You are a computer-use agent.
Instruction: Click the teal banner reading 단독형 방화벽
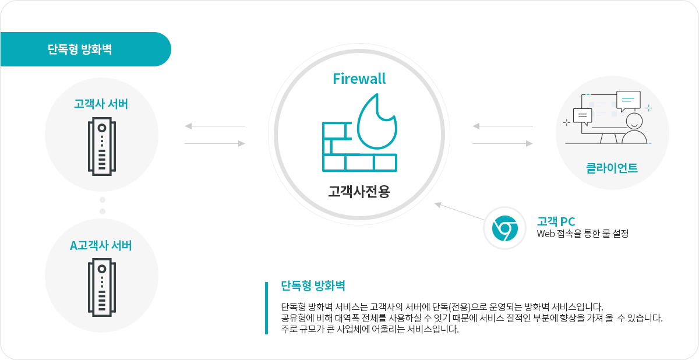pyautogui.click(x=86, y=49)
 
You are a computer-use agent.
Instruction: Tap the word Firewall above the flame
pyautogui.click(x=359, y=79)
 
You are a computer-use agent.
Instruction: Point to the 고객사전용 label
pyautogui.click(x=359, y=191)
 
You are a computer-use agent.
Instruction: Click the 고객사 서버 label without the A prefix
pyautogui.click(x=101, y=104)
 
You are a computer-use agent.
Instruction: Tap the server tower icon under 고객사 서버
pyautogui.click(x=102, y=146)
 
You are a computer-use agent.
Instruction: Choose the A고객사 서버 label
pyautogui.click(x=101, y=245)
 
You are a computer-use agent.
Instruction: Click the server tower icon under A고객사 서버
pyautogui.click(x=102, y=287)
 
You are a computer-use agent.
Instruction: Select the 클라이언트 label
pyautogui.click(x=612, y=168)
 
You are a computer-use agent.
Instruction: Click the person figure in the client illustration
pyautogui.click(x=634, y=128)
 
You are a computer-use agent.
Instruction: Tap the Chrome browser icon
pyautogui.click(x=504, y=228)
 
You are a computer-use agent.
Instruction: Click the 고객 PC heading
pyautogui.click(x=556, y=221)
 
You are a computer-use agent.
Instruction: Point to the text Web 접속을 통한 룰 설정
pyautogui.click(x=582, y=234)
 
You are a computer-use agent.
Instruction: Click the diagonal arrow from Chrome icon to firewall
pyautogui.click(x=460, y=212)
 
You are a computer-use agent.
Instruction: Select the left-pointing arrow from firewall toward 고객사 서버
pyautogui.click(x=215, y=126)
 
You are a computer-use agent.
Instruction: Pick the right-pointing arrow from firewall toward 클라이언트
pyautogui.click(x=502, y=143)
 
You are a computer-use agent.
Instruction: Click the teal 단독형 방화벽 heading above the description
pyautogui.click(x=313, y=286)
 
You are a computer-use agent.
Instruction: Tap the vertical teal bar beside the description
pyautogui.click(x=267, y=308)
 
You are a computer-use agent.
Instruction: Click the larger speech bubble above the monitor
pyautogui.click(x=629, y=100)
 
